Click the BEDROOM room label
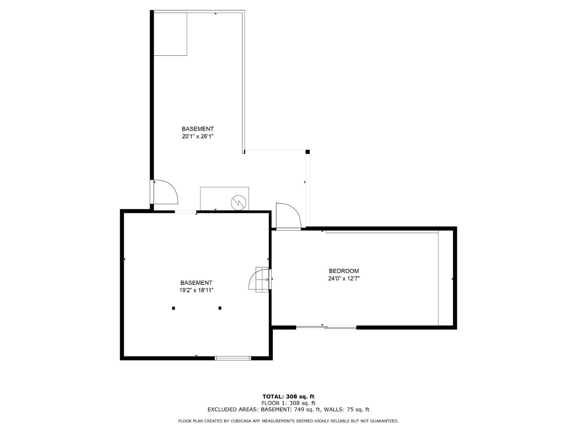coord(343,271)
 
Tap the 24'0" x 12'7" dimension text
coord(343,279)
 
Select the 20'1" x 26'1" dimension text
coord(198,136)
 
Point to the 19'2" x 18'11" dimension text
coord(196,290)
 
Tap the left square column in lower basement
coord(174,308)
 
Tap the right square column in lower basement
coord(220,308)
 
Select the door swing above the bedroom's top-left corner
coord(288,216)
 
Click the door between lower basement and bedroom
coord(260,279)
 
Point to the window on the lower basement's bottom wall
coord(233,358)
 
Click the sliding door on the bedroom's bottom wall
coord(326,328)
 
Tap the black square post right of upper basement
coord(308,152)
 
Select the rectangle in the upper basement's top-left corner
coord(170,34)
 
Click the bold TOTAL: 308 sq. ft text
coord(288,397)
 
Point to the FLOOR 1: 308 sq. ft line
coord(288,403)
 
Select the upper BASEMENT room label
coord(198,129)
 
